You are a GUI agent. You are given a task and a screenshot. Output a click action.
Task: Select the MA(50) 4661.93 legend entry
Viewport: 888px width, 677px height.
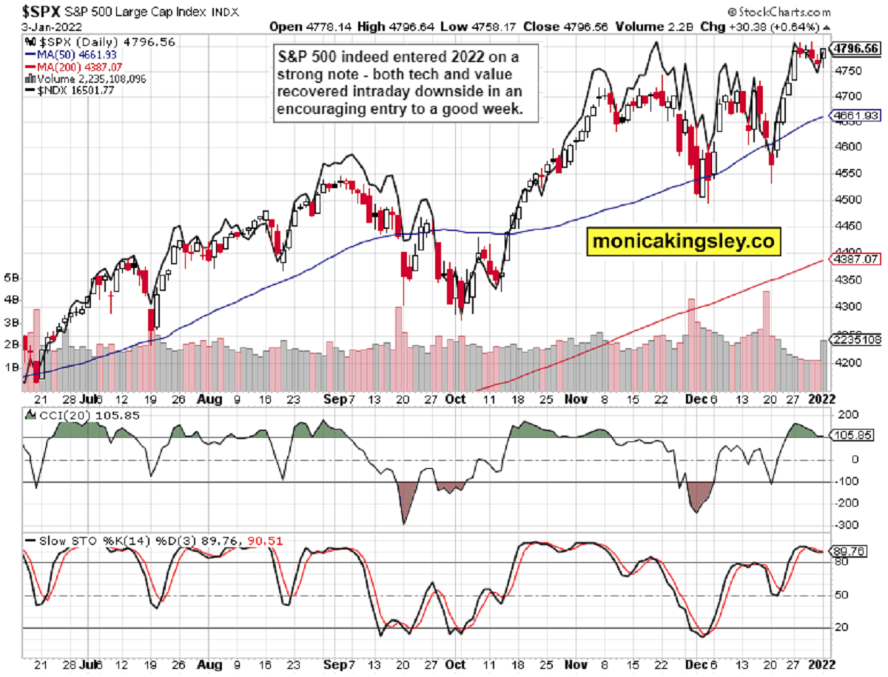pos(70,55)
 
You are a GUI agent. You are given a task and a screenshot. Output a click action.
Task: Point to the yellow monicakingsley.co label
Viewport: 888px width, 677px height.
pos(684,241)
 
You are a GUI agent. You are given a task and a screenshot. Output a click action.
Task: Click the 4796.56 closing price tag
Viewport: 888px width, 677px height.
pos(857,48)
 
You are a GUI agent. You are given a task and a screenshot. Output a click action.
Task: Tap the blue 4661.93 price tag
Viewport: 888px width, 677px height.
pos(857,116)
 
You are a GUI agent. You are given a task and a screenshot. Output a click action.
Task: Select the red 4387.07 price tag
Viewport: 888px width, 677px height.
pos(857,260)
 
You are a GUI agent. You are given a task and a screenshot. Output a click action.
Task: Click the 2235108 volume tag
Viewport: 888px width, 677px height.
pos(857,339)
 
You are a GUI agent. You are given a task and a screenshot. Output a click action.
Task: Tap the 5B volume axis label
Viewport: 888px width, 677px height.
pos(11,279)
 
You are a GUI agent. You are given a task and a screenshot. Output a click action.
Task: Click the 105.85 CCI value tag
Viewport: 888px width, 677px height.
pos(853,436)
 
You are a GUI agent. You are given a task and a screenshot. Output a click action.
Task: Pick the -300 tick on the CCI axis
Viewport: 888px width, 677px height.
pos(847,525)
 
